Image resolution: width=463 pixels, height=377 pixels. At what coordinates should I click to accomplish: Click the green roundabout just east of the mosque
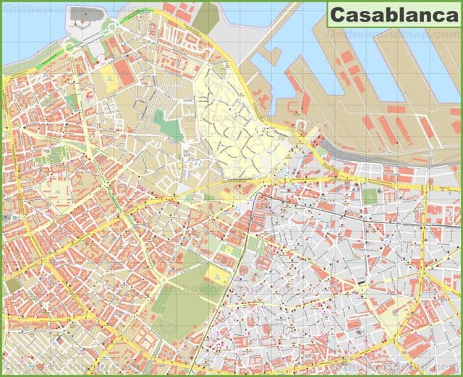tap(111, 27)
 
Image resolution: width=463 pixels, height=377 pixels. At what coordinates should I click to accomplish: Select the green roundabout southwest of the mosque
tap(69, 45)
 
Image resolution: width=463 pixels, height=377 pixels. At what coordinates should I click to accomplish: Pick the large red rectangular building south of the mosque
tap(124, 72)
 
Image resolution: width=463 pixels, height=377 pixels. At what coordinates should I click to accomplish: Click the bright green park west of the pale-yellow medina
tap(170, 128)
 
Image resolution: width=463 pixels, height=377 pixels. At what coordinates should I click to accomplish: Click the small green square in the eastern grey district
tap(370, 196)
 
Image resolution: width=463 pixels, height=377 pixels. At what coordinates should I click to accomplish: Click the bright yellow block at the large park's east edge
tap(216, 274)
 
